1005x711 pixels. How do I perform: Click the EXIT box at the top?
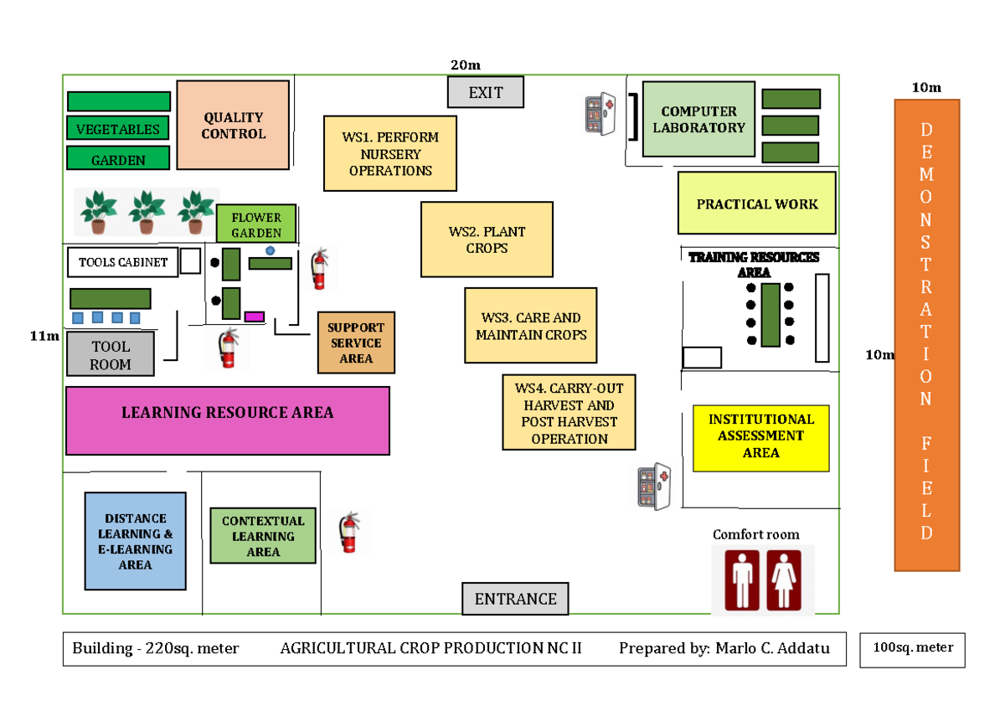485,92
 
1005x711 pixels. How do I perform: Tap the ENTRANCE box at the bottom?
515,599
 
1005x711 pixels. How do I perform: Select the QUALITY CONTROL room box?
233,126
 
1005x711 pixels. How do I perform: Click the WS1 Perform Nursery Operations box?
390,153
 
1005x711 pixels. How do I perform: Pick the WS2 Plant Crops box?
487,240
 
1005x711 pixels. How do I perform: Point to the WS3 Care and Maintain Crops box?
531,326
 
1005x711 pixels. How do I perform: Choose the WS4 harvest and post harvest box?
569,412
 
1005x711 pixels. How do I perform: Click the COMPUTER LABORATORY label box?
698,119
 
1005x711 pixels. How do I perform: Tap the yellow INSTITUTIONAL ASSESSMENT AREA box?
760,435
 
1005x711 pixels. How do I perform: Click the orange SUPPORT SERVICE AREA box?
356,343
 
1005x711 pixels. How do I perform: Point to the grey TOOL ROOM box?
111,354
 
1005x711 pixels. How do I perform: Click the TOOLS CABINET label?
123,262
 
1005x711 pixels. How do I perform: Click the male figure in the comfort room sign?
742,579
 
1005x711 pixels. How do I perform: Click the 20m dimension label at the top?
465,65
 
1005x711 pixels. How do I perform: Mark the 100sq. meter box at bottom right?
913,647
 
